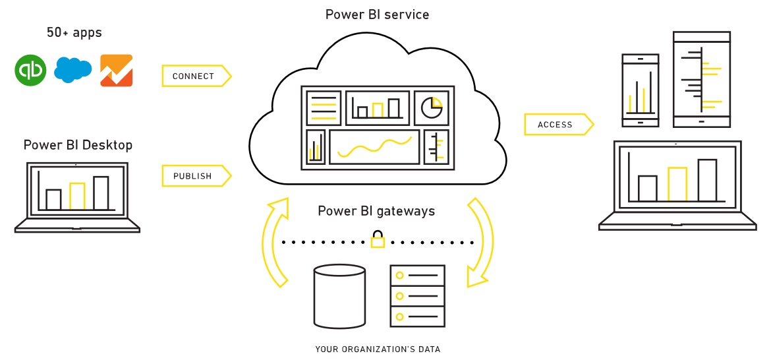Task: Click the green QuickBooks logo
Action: click(30, 71)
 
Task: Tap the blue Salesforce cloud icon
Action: click(72, 70)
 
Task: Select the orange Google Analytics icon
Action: click(116, 71)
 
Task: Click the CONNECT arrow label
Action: click(195, 76)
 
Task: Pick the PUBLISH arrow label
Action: click(194, 176)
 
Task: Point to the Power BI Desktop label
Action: click(78, 145)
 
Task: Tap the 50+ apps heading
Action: click(74, 32)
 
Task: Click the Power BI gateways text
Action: click(376, 211)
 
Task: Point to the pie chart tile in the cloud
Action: click(432, 107)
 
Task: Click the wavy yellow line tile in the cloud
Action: click(374, 147)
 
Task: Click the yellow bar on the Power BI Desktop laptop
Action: click(77, 196)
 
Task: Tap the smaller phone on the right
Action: click(640, 90)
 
